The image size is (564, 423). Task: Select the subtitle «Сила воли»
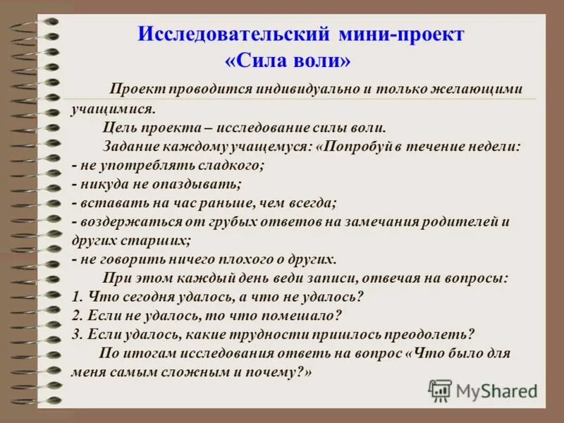click(287, 61)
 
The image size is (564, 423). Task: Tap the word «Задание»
click(133, 147)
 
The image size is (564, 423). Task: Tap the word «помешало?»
click(305, 314)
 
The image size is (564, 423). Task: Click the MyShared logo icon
click(440, 390)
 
